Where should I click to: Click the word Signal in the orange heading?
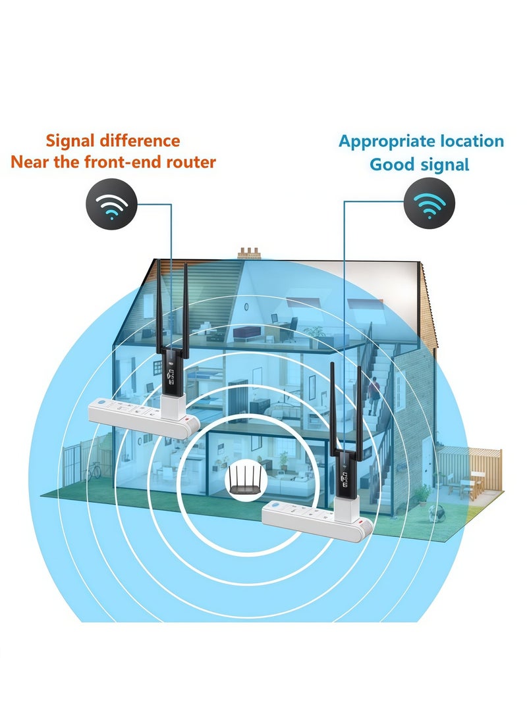[70, 141]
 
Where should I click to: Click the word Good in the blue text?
[389, 165]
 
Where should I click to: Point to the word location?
[473, 141]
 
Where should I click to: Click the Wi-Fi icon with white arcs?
[112, 204]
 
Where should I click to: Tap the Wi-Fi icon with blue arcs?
[430, 204]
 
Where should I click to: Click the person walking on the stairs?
[374, 395]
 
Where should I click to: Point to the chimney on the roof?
[249, 253]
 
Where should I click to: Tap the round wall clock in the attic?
[246, 307]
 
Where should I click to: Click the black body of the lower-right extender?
[345, 473]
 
